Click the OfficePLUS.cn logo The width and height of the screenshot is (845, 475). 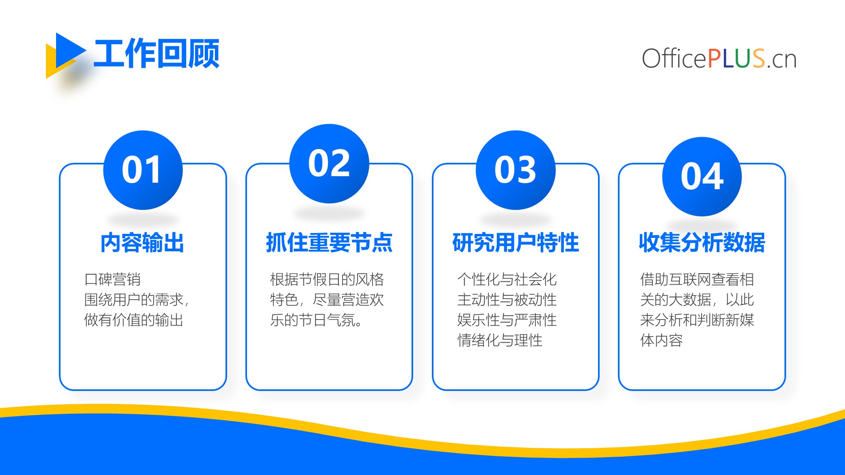coord(719,58)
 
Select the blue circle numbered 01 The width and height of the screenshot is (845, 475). coord(143,170)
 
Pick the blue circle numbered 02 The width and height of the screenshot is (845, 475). coord(329,164)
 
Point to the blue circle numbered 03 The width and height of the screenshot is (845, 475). coord(516,170)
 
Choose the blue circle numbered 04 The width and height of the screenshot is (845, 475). coord(702,177)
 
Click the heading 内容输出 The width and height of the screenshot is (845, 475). coord(142,243)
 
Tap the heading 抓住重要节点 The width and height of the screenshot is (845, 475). coord(329,243)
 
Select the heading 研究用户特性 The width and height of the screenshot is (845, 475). coord(516,243)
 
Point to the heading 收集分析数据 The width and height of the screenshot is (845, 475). coord(702,243)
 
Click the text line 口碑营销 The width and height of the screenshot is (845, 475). coord(113,279)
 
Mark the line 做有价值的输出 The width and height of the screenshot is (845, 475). coord(134,320)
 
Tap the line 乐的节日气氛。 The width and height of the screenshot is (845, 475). coord(316,320)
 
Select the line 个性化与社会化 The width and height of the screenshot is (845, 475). coord(507,279)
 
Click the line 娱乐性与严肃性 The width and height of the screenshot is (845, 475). coord(507,320)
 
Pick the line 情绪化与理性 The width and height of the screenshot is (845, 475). coord(500,340)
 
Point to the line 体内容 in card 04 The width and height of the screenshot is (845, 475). coord(661,340)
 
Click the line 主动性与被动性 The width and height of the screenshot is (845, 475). coord(507,300)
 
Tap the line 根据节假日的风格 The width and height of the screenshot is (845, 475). coord(327,279)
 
